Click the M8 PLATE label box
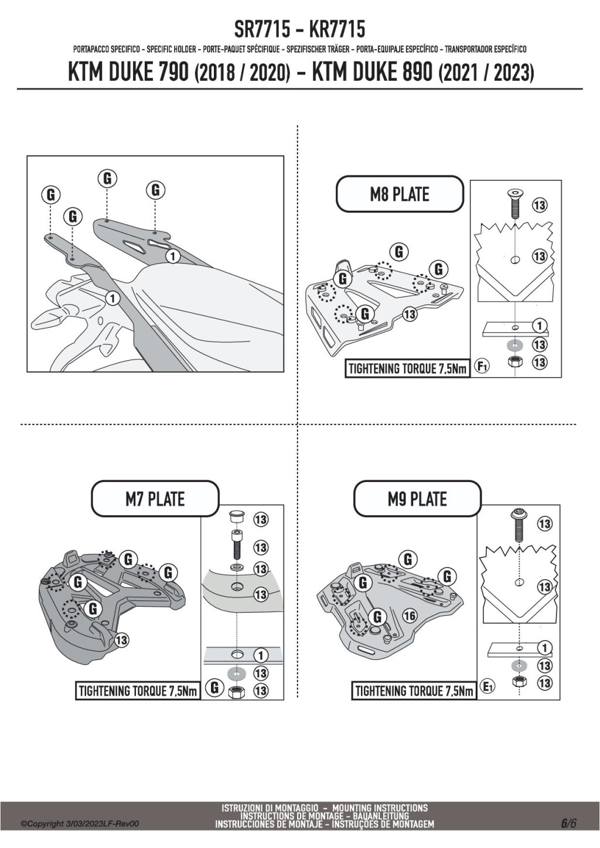[x=400, y=194]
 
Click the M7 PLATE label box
[x=155, y=499]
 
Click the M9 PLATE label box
[x=417, y=498]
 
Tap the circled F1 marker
[x=482, y=367]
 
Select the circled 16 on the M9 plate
[x=410, y=616]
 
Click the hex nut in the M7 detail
[x=236, y=692]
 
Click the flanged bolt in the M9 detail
[x=519, y=525]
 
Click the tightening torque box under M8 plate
[x=407, y=368]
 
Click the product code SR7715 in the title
[x=262, y=29]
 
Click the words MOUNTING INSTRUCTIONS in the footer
[x=380, y=808]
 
